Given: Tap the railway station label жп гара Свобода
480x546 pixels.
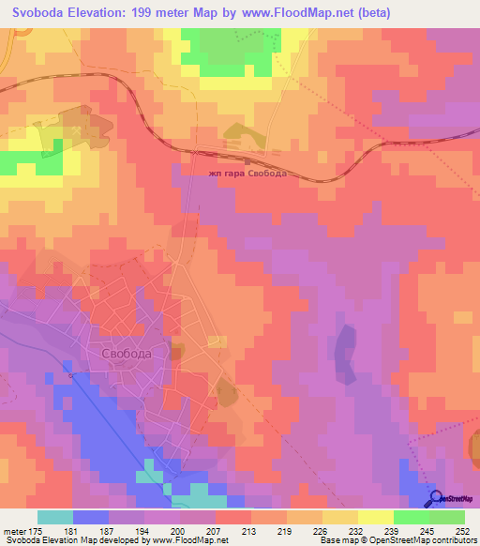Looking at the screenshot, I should coord(247,174).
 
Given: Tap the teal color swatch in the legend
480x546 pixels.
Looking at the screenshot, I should coord(55,517).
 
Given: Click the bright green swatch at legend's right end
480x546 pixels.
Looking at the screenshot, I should coord(447,517).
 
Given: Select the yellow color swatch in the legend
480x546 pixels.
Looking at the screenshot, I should coord(376,517).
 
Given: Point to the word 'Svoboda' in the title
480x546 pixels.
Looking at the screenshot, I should coord(37,12).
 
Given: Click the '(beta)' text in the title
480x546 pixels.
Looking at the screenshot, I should coord(371,12).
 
